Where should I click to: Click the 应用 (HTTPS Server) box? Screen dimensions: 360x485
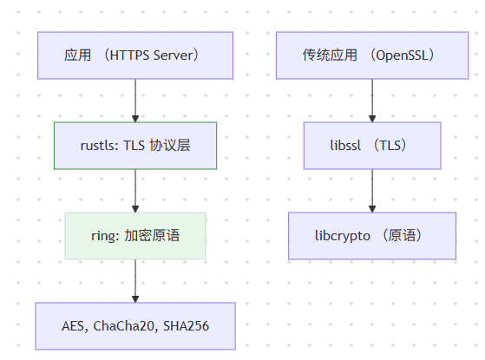134,56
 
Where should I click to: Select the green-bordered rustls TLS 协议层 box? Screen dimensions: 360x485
134,145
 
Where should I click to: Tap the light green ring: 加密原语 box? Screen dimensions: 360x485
134,235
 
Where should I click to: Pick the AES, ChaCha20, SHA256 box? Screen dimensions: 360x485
134,325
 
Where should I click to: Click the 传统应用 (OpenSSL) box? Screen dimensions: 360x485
372,56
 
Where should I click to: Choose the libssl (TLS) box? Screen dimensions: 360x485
372,145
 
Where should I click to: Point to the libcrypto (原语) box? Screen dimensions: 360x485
372,235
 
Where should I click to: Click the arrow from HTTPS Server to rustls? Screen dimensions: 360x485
134,100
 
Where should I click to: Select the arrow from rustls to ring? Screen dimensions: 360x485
134,190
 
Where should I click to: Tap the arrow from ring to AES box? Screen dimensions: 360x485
134,280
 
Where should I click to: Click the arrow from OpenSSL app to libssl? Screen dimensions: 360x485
372,100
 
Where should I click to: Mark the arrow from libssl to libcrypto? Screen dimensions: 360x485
372,190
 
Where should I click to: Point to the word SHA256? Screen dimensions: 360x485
187,326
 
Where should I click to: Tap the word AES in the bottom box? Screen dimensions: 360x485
73,326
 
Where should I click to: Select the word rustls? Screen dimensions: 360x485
96,145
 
